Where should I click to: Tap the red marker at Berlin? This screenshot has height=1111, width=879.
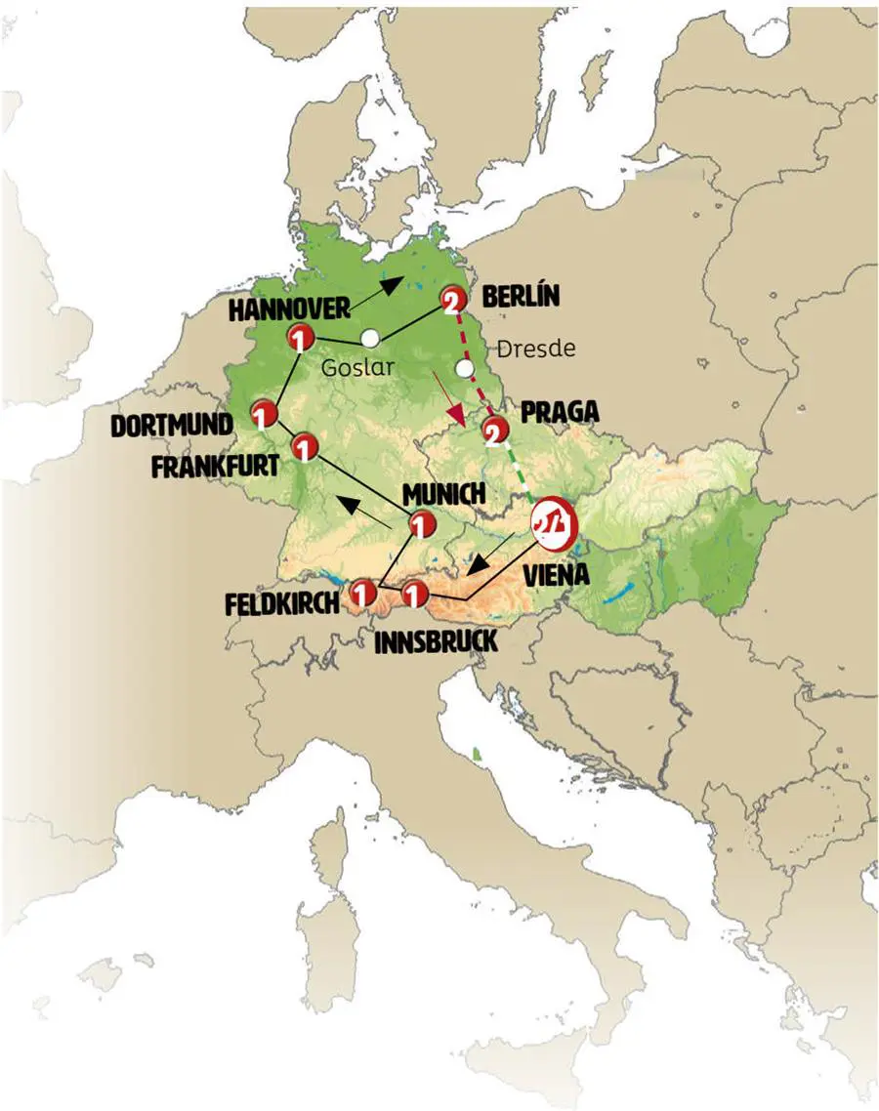pyautogui.click(x=451, y=302)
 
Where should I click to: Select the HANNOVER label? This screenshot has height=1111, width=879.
pyautogui.click(x=289, y=309)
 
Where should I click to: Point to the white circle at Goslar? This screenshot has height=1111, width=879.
pyautogui.click(x=369, y=338)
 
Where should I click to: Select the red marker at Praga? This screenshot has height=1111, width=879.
pyautogui.click(x=495, y=430)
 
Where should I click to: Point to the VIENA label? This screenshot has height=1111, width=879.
pyautogui.click(x=556, y=575)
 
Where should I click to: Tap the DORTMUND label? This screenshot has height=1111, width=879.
pyautogui.click(x=172, y=425)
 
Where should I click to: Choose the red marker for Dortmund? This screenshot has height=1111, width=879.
pyautogui.click(x=261, y=414)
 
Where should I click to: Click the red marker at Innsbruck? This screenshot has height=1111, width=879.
pyautogui.click(x=414, y=593)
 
